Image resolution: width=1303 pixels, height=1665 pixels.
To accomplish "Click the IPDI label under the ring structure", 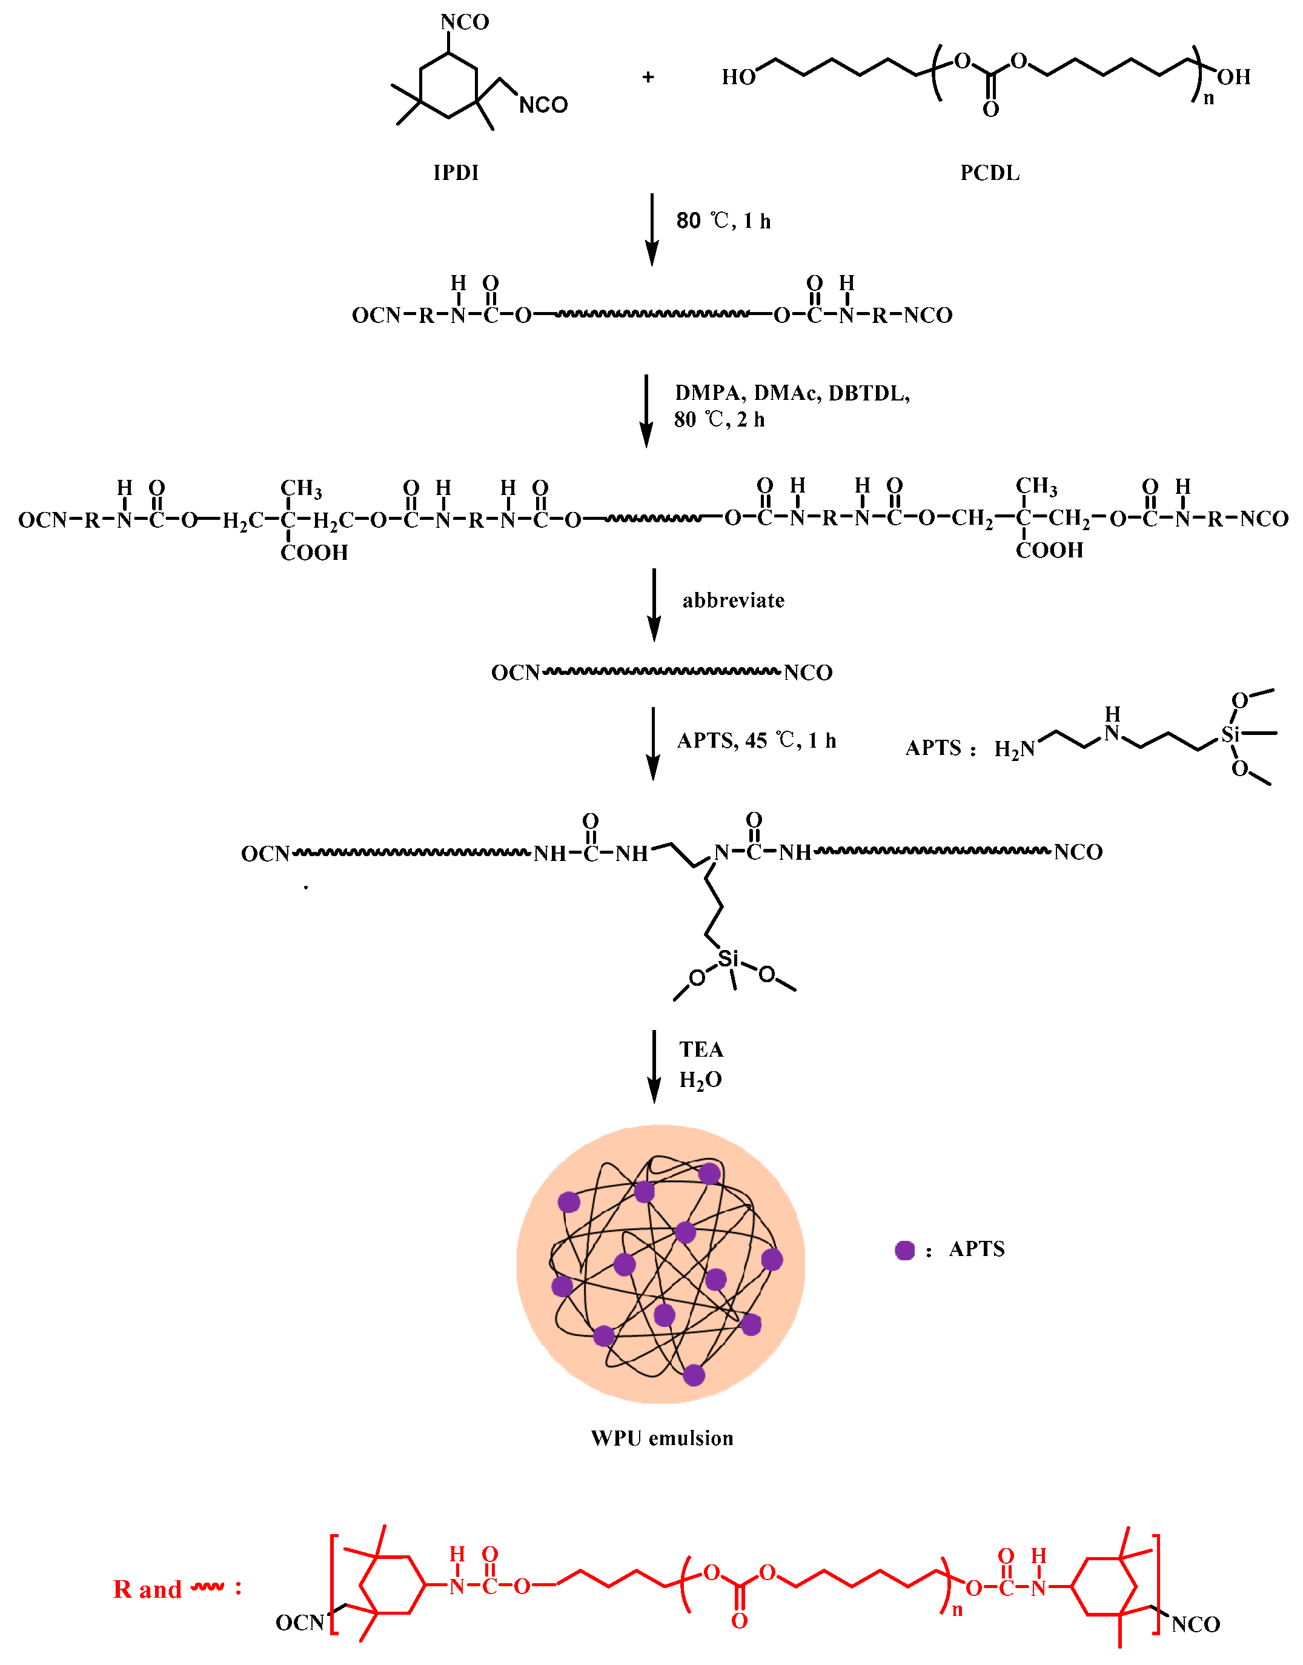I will click(456, 173).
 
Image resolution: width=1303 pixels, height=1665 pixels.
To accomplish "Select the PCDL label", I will click(989, 173).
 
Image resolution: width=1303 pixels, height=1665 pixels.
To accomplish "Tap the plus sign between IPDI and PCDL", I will click(648, 77).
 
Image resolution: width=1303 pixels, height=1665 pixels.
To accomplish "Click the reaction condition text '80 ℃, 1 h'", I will click(723, 221).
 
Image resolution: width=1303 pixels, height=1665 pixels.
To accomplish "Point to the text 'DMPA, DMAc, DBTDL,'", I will click(792, 393).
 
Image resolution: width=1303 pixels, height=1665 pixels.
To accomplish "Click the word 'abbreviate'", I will click(732, 600).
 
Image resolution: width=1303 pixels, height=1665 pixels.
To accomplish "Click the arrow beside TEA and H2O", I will click(654, 1066).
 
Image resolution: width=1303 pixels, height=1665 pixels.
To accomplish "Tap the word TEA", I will click(701, 1050).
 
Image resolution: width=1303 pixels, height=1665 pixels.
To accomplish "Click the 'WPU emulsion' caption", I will click(661, 1438).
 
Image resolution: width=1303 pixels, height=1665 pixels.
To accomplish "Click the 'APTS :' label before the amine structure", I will click(940, 748).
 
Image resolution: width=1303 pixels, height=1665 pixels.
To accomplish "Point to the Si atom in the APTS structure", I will click(1229, 734).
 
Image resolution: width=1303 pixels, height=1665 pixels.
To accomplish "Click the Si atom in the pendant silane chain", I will click(729, 958).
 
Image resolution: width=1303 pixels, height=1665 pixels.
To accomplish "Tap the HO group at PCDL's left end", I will click(738, 77).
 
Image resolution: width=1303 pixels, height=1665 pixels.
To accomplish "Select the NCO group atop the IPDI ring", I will click(464, 22).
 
